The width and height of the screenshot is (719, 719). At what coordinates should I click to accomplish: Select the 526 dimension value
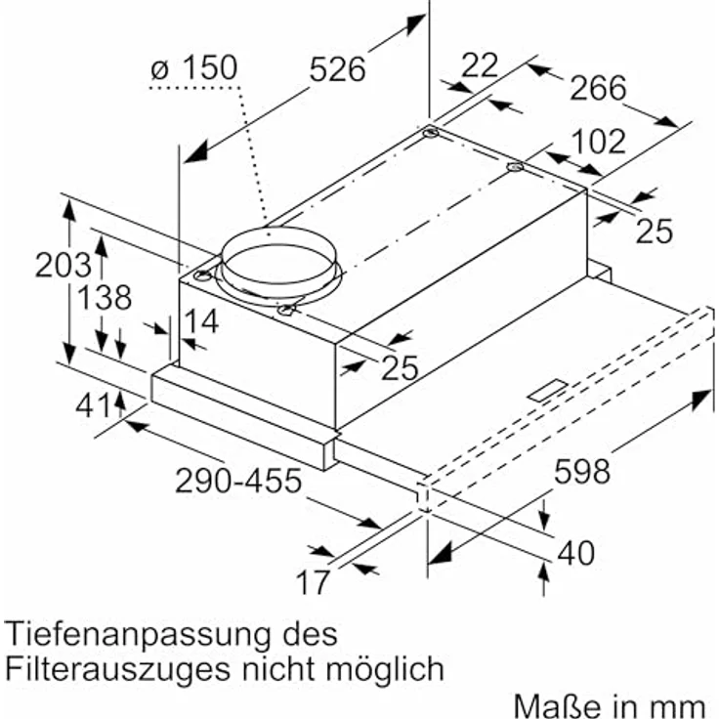337,69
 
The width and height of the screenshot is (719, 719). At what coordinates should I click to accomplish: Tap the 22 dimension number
479,65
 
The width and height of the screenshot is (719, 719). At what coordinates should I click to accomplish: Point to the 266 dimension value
597,89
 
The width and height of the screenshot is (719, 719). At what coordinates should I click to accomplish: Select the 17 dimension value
314,583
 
